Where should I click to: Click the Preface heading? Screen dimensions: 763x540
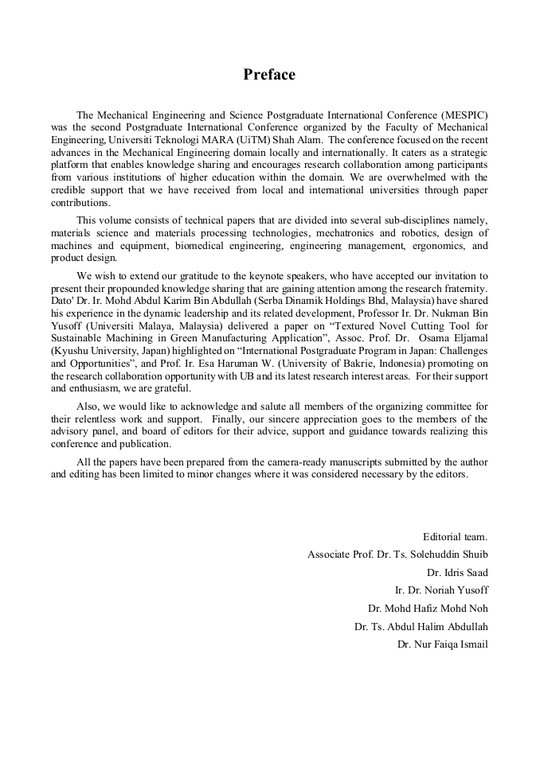[x=269, y=75]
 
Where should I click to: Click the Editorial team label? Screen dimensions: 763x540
[x=455, y=536]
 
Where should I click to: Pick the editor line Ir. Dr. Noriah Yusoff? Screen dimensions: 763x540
[x=441, y=590]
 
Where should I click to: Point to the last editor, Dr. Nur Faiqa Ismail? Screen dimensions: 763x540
[x=443, y=644]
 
